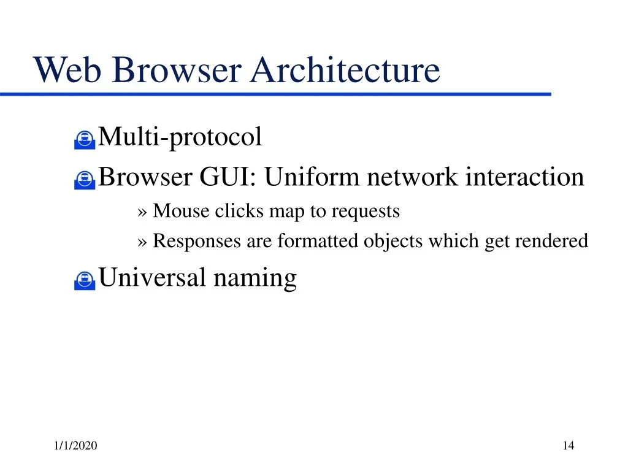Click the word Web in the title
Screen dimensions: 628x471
pyautogui.click(x=67, y=70)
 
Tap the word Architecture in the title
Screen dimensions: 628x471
pyautogui.click(x=345, y=70)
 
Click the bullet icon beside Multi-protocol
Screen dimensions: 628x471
pyautogui.click(x=85, y=140)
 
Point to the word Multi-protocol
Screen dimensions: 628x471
pyautogui.click(x=180, y=137)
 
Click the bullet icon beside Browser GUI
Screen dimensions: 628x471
pyautogui.click(x=85, y=180)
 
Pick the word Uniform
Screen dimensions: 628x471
pyautogui.click(x=312, y=177)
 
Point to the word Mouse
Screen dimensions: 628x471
pyautogui.click(x=181, y=211)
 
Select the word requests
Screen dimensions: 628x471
pyautogui.click(x=366, y=212)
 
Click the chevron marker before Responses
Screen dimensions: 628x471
pyautogui.click(x=142, y=242)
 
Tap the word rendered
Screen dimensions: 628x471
pyautogui.click(x=551, y=240)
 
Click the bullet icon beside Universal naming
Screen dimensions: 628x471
pyautogui.click(x=85, y=280)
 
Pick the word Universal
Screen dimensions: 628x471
pyautogui.click(x=152, y=277)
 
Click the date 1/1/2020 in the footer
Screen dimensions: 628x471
pyautogui.click(x=75, y=445)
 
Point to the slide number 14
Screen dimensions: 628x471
pyautogui.click(x=569, y=445)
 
